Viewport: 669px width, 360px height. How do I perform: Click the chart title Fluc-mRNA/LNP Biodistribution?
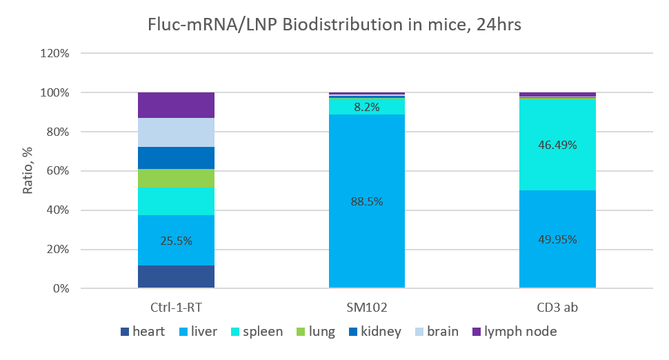pyautogui.click(x=334, y=25)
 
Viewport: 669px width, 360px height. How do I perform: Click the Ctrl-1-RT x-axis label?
pyautogui.click(x=176, y=308)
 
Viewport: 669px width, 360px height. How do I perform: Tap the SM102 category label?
pyautogui.click(x=366, y=308)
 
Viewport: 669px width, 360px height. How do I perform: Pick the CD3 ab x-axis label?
pyautogui.click(x=557, y=308)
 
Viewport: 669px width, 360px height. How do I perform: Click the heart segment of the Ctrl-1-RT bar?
pyautogui.click(x=176, y=277)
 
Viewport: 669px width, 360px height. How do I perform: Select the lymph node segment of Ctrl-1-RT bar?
pyautogui.click(x=176, y=105)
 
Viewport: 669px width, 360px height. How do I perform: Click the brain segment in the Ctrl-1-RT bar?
pyautogui.click(x=176, y=132)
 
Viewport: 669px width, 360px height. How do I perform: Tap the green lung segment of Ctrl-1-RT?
pyautogui.click(x=176, y=178)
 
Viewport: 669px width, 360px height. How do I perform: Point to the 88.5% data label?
pyautogui.click(x=366, y=201)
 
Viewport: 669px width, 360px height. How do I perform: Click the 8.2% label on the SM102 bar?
pyautogui.click(x=366, y=107)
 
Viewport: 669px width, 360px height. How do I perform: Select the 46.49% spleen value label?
pyautogui.click(x=557, y=145)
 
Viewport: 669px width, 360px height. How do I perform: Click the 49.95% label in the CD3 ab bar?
pyautogui.click(x=557, y=240)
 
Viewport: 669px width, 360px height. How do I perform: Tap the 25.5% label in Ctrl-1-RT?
pyautogui.click(x=176, y=241)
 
